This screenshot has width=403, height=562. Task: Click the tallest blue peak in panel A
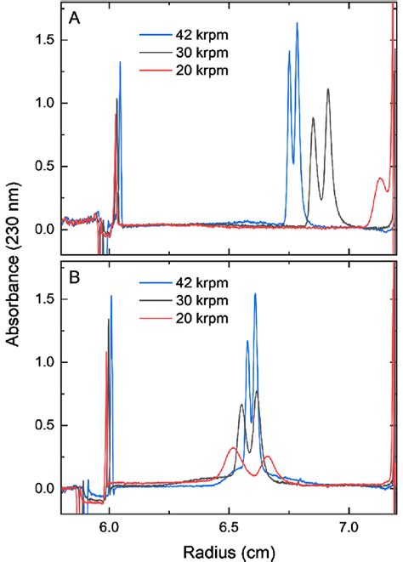(x=297, y=25)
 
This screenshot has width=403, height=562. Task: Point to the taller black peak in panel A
(x=328, y=89)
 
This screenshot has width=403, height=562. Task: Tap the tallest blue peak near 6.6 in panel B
(x=255, y=294)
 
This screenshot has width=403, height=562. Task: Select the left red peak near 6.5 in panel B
(x=232, y=448)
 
